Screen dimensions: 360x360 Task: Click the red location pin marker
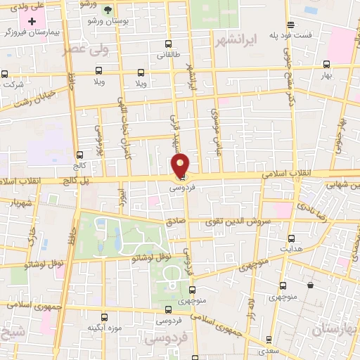coord(181,165)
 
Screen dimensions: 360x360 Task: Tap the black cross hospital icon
coord(32,21)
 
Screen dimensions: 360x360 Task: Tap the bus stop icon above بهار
coord(326,61)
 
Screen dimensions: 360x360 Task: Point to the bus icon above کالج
coord(79,155)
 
